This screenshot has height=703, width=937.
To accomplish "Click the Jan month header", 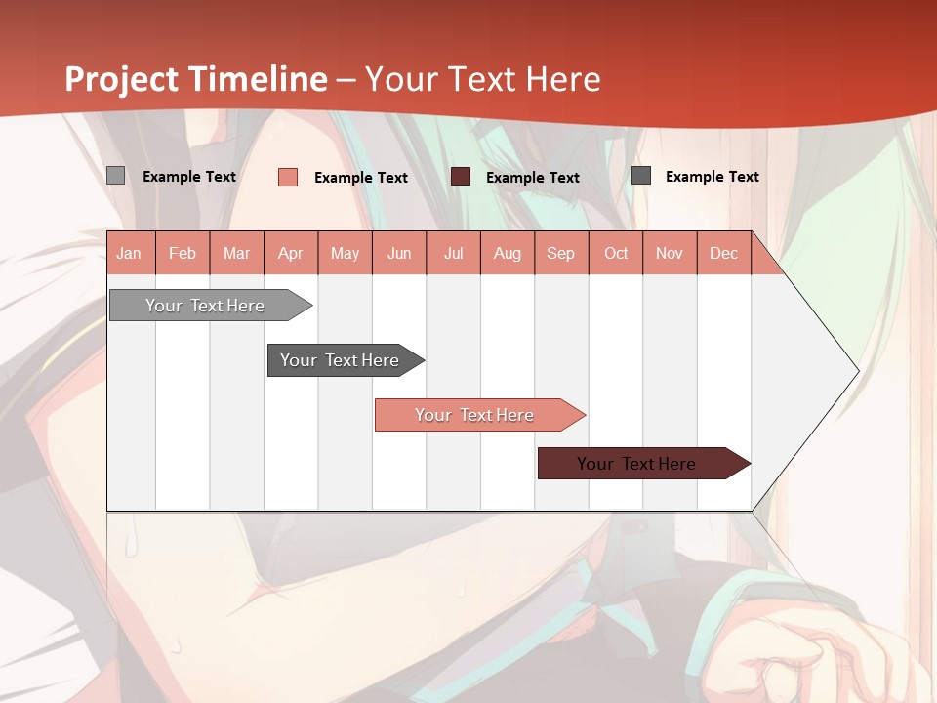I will click(x=129, y=253).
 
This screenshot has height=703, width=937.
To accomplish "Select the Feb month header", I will click(x=183, y=253).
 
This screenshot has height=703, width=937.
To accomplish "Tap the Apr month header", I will click(x=290, y=253).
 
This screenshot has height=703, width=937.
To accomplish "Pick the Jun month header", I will click(x=399, y=253).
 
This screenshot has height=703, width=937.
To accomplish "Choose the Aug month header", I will click(x=507, y=253).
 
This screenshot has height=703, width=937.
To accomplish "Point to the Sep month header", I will click(x=560, y=253).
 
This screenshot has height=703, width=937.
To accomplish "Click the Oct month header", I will click(x=616, y=253).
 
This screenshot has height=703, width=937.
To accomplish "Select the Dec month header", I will click(x=723, y=253).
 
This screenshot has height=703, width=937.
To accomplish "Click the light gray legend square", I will click(x=116, y=176).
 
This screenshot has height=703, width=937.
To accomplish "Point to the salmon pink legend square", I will click(x=288, y=177).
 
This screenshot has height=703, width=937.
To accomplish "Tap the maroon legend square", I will click(x=461, y=176).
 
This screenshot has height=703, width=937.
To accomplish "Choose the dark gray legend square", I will click(x=641, y=176).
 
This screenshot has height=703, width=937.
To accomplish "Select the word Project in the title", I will click(x=121, y=79).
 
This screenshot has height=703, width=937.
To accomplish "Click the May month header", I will click(x=345, y=253).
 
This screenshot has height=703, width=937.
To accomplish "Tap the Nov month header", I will click(x=670, y=253).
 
